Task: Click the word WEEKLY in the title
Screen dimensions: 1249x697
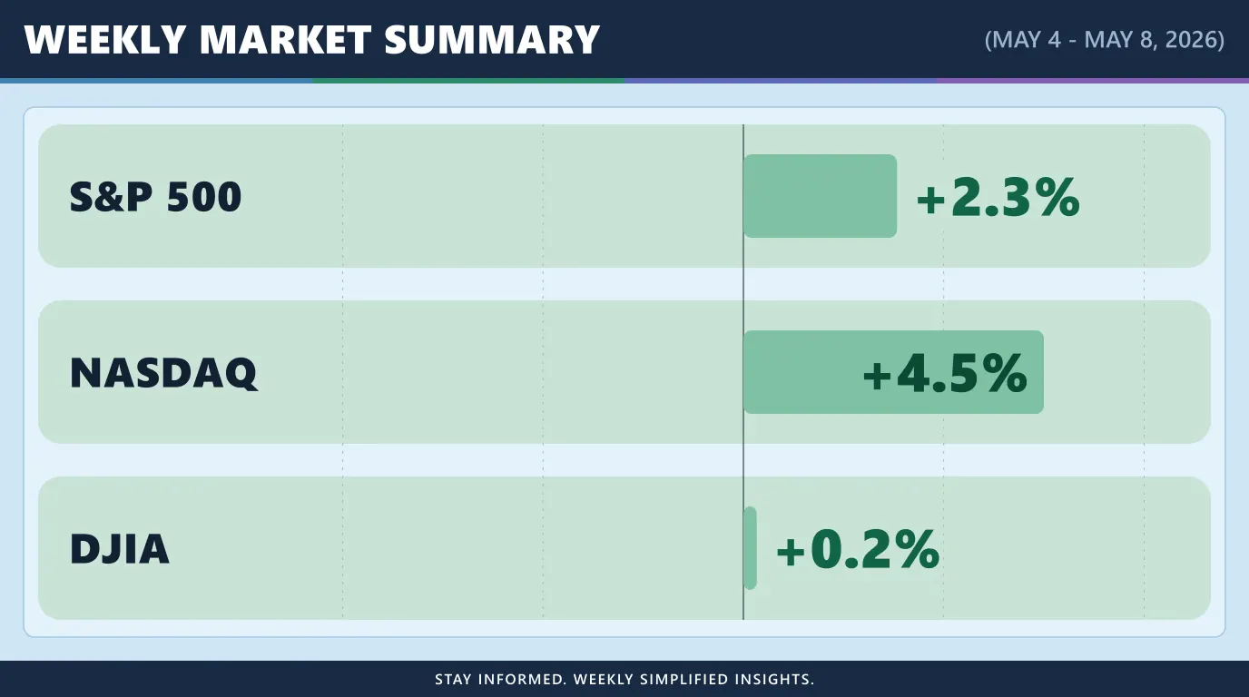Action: (x=104, y=40)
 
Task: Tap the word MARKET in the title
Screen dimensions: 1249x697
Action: (x=285, y=40)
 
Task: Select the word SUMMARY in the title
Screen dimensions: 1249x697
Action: (x=492, y=40)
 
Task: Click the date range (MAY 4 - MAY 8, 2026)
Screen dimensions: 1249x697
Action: (x=1105, y=40)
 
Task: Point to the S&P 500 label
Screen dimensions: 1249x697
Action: (x=155, y=197)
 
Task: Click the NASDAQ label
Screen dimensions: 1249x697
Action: (x=164, y=373)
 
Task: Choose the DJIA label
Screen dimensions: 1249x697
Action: (x=119, y=549)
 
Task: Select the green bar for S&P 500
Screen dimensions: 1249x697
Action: (x=821, y=196)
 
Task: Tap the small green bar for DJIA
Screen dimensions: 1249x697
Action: (x=750, y=548)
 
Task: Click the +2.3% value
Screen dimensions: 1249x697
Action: (x=998, y=197)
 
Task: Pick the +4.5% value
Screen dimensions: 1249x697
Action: (x=945, y=373)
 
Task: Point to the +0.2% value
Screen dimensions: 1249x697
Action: (x=858, y=549)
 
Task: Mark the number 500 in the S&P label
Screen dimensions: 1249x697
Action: (x=204, y=197)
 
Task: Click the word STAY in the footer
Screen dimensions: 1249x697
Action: (x=453, y=679)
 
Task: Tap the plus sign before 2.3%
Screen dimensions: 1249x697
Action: (x=930, y=200)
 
